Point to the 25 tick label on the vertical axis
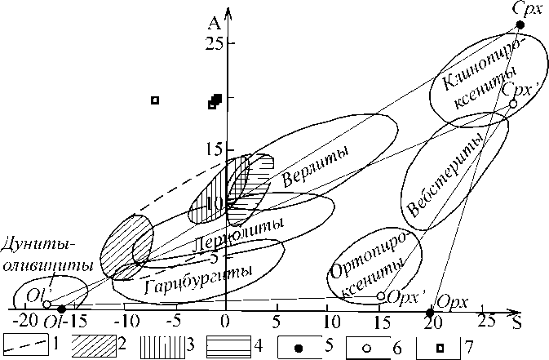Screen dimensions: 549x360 214,42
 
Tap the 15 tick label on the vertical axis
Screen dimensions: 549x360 214,149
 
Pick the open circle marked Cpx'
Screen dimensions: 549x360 512,104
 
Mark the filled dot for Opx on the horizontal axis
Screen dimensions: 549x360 431,312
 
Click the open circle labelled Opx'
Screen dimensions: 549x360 381,296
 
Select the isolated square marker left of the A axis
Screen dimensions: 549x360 154,100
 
